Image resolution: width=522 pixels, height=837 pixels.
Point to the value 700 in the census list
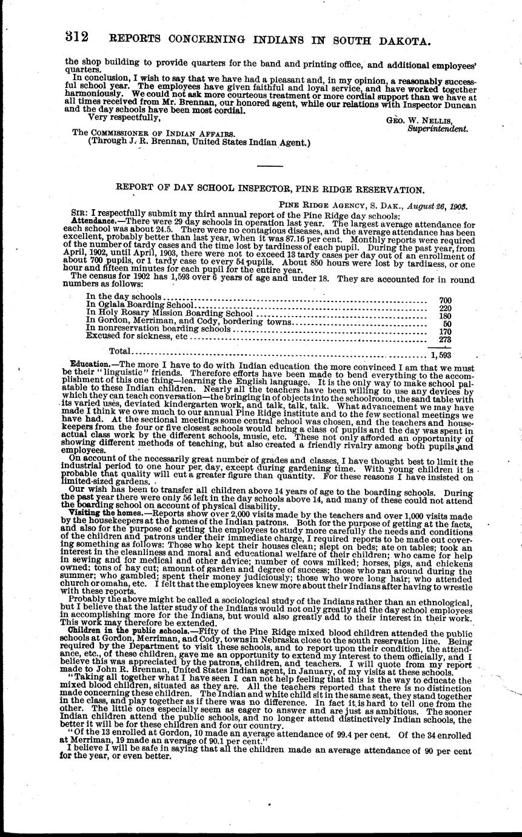(444, 300)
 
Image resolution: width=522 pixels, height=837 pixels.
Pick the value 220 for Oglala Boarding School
(444, 308)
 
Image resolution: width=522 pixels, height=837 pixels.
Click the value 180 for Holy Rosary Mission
(444, 315)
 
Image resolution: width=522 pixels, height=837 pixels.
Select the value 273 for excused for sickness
(444, 339)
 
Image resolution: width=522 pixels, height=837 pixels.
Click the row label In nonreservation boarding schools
(158, 328)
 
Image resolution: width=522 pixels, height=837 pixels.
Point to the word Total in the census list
(119, 351)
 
